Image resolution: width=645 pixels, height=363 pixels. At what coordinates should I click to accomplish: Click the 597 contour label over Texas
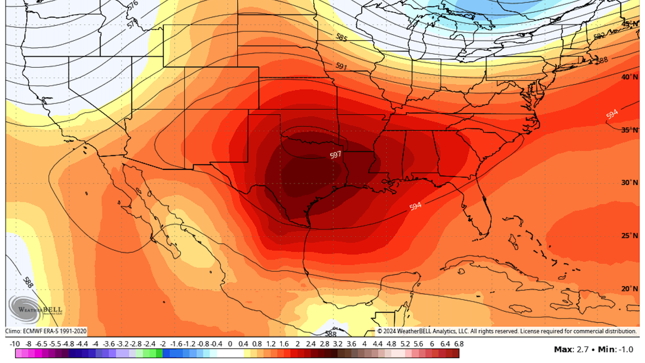(335, 155)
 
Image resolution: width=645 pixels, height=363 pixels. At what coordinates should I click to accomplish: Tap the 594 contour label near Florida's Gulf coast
(415, 206)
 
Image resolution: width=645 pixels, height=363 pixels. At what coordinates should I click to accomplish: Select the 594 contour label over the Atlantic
(612, 114)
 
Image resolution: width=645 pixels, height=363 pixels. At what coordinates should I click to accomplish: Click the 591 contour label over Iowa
(341, 66)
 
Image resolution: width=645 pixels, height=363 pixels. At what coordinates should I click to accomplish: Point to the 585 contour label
(341, 37)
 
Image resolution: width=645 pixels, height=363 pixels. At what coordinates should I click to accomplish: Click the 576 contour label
(133, 5)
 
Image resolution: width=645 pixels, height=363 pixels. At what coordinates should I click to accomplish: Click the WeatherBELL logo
(35, 309)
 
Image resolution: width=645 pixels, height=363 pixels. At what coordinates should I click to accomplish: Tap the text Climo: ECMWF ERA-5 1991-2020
(46, 331)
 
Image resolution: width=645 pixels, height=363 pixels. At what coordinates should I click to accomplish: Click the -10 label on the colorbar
(15, 344)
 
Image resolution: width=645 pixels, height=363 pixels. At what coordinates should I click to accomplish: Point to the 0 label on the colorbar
(230, 344)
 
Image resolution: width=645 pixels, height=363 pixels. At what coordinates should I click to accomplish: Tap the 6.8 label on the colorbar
(459, 344)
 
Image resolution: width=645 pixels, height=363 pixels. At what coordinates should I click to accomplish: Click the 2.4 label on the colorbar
(311, 344)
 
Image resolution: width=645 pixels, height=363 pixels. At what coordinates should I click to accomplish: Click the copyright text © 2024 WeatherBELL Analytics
(507, 331)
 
